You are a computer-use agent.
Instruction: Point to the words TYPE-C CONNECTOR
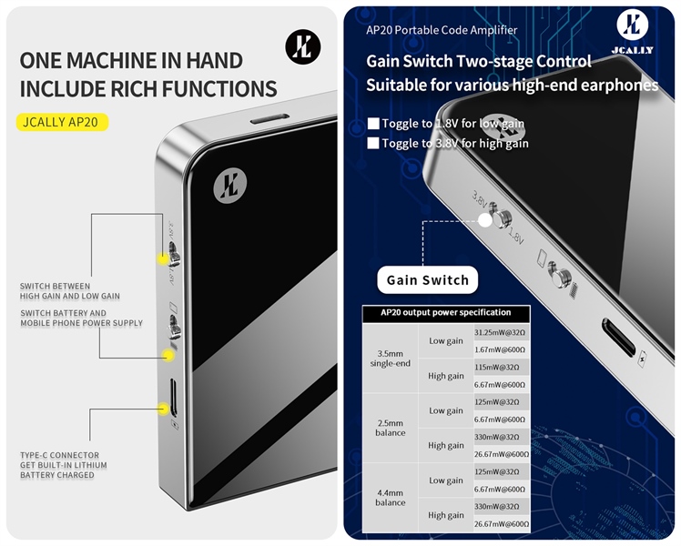click(60, 455)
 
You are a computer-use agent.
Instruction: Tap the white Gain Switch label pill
click(427, 280)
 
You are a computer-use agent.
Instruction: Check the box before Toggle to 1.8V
click(371, 124)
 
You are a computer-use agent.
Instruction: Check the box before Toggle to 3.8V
click(371, 143)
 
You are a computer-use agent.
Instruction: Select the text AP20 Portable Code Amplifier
click(441, 30)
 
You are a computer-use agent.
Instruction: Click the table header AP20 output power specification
click(445, 313)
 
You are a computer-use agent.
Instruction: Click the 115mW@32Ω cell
click(501, 367)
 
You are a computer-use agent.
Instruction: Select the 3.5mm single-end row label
click(390, 358)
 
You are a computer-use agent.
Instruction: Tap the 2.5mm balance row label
click(390, 428)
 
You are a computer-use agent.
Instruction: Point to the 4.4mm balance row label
click(390, 498)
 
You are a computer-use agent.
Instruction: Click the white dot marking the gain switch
click(484, 219)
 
